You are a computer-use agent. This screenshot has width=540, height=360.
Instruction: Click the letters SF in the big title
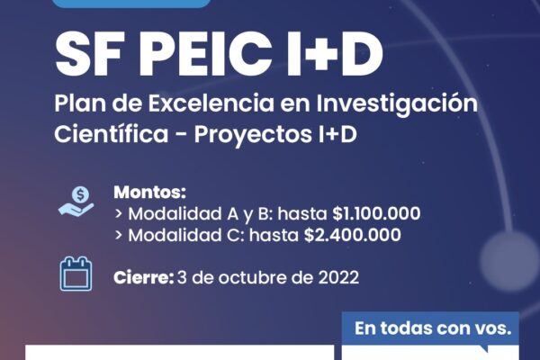(89, 54)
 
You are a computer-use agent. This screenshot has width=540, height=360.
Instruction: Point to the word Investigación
(397, 104)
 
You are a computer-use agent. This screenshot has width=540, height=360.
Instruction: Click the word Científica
(112, 134)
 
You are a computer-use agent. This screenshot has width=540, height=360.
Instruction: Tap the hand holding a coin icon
(76, 202)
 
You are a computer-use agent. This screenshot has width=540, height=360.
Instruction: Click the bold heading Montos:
(149, 193)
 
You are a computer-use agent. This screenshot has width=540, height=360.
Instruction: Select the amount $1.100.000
(376, 213)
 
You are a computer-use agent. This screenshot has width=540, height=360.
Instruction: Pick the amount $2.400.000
(353, 235)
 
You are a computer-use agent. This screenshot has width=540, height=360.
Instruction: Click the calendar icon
(76, 274)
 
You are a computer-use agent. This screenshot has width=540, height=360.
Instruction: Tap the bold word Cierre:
(144, 278)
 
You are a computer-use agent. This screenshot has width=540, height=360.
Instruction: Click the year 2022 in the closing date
(338, 278)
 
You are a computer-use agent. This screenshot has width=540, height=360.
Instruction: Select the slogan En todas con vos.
(433, 328)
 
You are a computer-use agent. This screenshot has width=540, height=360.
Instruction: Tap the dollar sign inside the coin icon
(81, 195)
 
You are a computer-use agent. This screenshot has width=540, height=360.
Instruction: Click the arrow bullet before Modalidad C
(119, 235)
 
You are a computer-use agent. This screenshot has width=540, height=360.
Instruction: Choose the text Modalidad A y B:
(201, 214)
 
